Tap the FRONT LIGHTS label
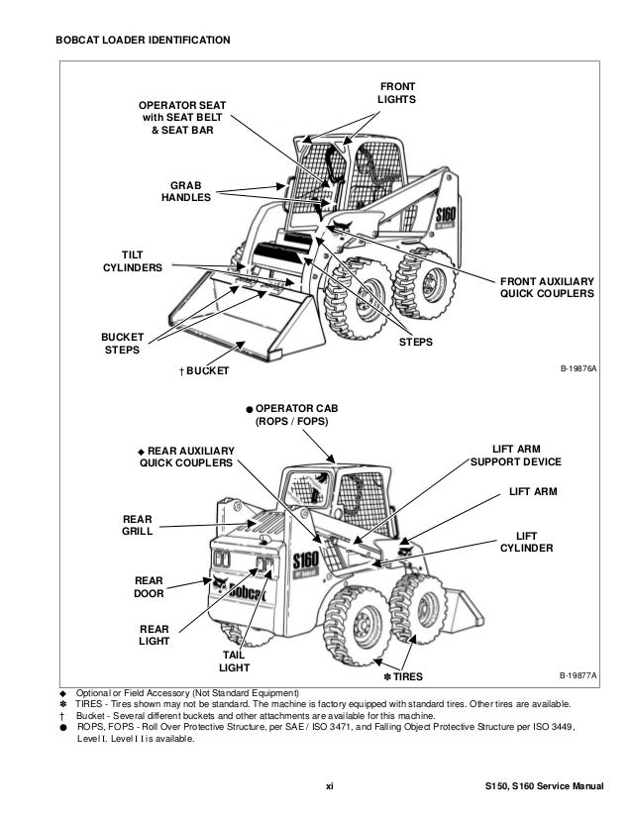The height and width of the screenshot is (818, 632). tap(396, 93)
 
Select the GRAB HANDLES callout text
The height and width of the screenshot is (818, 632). tap(186, 191)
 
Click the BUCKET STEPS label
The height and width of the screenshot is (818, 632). tap(122, 343)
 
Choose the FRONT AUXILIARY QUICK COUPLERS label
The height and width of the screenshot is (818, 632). tap(547, 287)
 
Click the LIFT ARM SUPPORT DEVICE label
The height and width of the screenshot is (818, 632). tap(515, 456)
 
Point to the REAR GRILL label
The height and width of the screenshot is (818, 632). tap(137, 525)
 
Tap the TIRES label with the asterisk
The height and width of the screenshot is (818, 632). tap(402, 676)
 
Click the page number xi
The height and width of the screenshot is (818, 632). tap(331, 787)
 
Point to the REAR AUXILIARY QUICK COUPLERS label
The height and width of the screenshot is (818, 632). tap(186, 456)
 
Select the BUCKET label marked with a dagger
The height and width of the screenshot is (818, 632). tap(203, 370)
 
